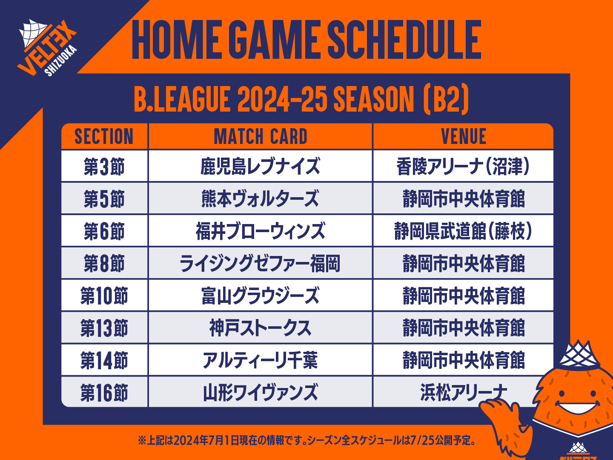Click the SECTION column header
coord(104,137)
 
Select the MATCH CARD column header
coord(261,137)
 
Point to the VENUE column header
coord(464,137)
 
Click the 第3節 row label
coord(104,167)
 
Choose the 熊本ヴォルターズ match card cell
coord(260,198)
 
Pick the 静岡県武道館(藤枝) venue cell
coord(463,231)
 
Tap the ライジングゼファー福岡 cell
coord(260,263)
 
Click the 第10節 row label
coord(104,296)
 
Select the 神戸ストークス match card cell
coord(260,328)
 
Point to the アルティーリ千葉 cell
coord(260,360)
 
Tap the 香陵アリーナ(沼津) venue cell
coord(463,167)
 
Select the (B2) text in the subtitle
coord(446,99)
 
